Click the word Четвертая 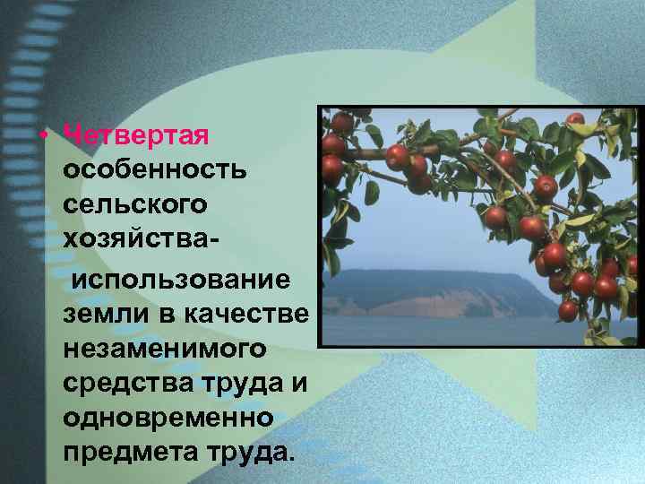[x=136, y=135]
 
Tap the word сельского [x=135, y=204]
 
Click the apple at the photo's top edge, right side [x=574, y=119]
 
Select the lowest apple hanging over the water [x=568, y=311]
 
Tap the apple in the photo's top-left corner [x=341, y=121]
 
